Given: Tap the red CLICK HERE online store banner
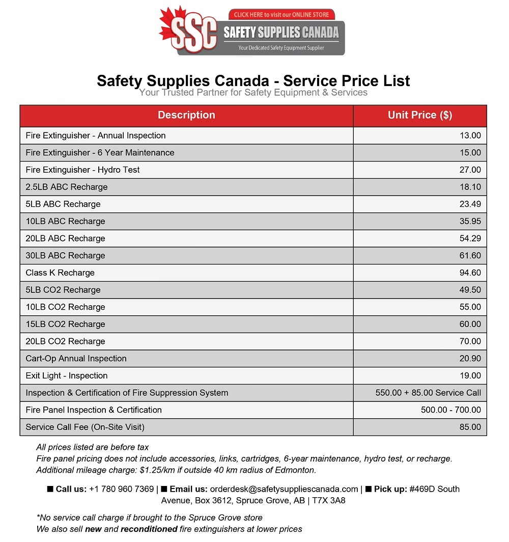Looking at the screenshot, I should [x=281, y=15].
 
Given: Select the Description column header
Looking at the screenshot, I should [x=186, y=115].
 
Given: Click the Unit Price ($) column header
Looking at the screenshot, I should [x=420, y=115].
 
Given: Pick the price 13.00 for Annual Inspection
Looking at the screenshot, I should [x=470, y=135].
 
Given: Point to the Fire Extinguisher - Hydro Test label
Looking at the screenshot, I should [x=82, y=170].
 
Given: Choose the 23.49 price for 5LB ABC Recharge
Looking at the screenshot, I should [x=470, y=204].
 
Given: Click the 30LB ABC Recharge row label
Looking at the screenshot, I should [x=65, y=255].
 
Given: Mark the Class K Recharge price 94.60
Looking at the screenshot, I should [x=470, y=273].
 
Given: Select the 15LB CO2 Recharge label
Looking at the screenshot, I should [x=65, y=324].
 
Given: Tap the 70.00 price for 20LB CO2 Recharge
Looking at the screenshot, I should [x=470, y=341].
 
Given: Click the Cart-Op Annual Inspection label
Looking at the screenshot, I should [x=76, y=358].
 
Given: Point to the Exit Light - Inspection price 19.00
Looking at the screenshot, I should [x=470, y=375].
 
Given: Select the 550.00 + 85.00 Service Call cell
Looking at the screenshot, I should [x=428, y=393].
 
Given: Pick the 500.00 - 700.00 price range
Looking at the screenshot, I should [x=450, y=410].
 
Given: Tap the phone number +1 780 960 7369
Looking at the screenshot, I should [x=121, y=489].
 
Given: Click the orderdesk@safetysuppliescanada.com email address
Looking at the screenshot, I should [x=284, y=489].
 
